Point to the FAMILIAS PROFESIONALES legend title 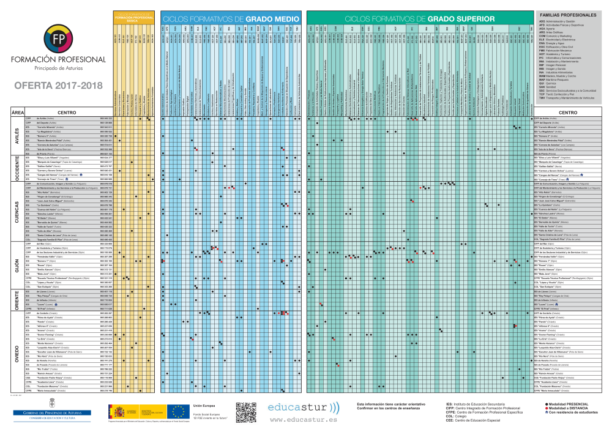pos(567,14)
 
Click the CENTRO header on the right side pos(568,112)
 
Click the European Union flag pos(179,412)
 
